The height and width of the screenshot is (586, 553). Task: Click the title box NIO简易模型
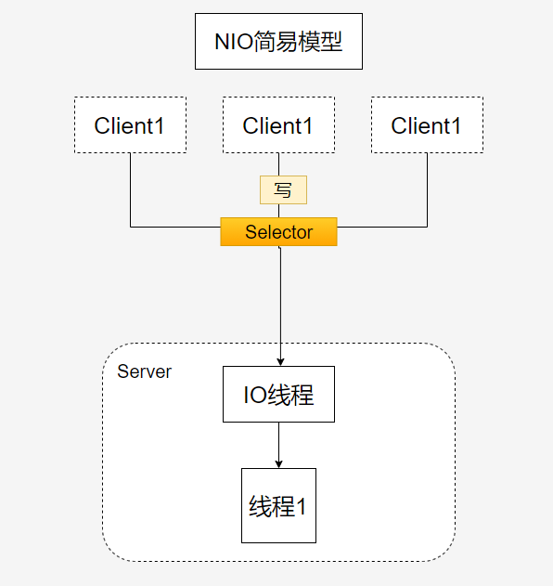pyautogui.click(x=278, y=42)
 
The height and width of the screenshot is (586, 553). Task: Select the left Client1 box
pyautogui.click(x=130, y=125)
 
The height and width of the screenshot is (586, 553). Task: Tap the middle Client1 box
pyautogui.click(x=278, y=125)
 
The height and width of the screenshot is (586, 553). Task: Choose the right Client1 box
pyautogui.click(x=427, y=125)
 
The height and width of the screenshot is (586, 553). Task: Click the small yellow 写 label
pyautogui.click(x=283, y=190)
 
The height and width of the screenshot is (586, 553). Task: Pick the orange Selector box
pyautogui.click(x=278, y=232)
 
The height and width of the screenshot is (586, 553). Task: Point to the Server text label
pyautogui.click(x=144, y=371)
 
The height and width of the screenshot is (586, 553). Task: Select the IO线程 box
pyautogui.click(x=278, y=395)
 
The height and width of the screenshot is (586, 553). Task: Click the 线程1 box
pyautogui.click(x=278, y=506)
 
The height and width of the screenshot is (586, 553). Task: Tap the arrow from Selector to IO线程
pyautogui.click(x=279, y=306)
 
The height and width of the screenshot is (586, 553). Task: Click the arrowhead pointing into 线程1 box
pyautogui.click(x=279, y=463)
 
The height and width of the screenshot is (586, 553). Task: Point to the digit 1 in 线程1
pyautogui.click(x=301, y=507)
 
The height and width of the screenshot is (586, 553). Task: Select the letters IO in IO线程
pyautogui.click(x=255, y=395)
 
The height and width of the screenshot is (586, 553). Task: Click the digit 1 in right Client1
pyautogui.click(x=455, y=125)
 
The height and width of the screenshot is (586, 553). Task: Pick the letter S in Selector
pyautogui.click(x=250, y=232)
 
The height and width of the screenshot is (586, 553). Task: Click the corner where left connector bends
pyautogui.click(x=130, y=226)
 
